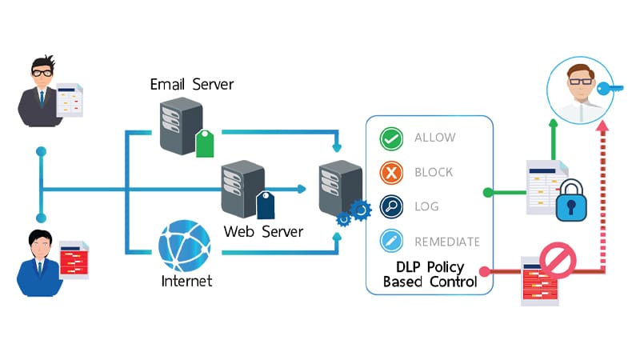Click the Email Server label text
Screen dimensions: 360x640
[192, 84]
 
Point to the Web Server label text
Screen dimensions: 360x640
[263, 231]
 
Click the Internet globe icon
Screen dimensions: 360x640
[185, 246]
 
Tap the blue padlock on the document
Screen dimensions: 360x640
[570, 202]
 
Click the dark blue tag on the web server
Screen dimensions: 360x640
[266, 205]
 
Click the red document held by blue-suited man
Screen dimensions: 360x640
[74, 257]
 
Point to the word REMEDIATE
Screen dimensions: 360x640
[447, 241]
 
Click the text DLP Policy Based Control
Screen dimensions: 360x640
[430, 274]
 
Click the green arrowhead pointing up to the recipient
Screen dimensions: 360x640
[552, 123]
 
